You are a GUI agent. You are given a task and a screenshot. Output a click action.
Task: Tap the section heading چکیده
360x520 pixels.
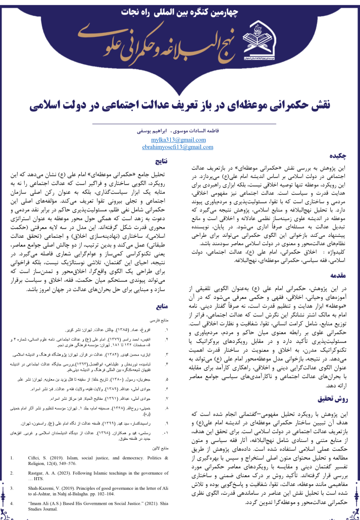[339, 157]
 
